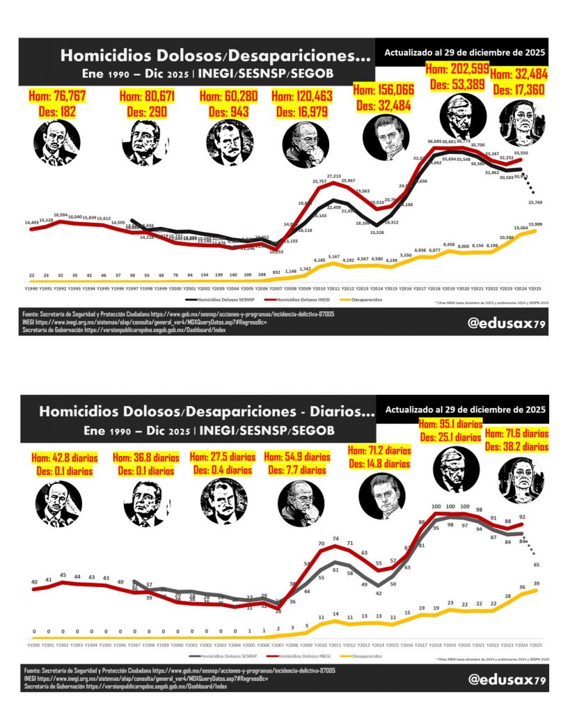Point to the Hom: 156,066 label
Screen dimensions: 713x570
click(383, 91)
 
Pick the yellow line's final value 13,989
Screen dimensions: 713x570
click(536, 224)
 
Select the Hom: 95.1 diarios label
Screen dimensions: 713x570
click(452, 426)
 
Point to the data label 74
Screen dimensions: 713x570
click(335, 538)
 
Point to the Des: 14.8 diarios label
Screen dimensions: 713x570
click(379, 463)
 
